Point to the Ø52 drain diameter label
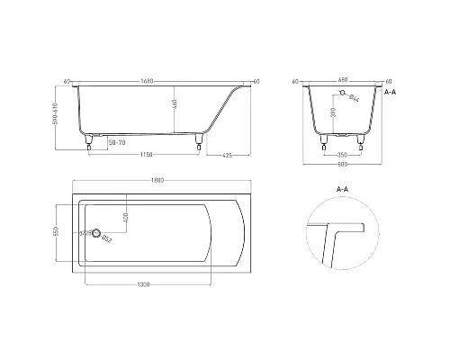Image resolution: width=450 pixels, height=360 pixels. click(x=105, y=238)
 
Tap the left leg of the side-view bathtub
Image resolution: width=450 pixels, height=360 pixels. click(x=88, y=139)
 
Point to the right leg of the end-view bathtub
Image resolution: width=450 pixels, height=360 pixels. click(x=363, y=139)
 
